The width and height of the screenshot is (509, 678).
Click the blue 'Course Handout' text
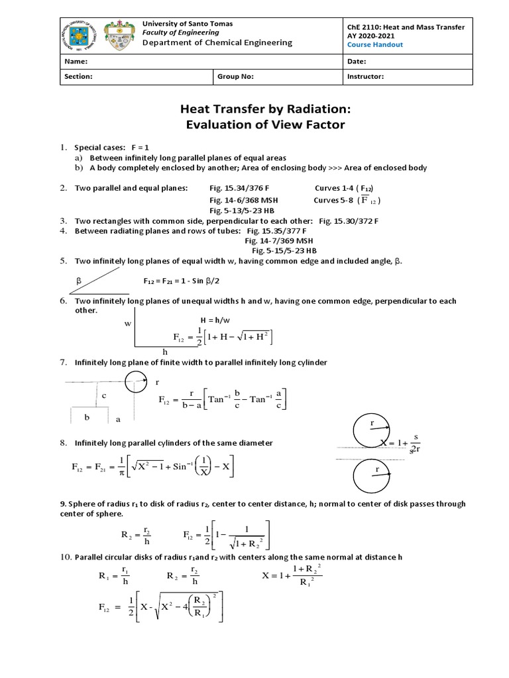tap(374, 45)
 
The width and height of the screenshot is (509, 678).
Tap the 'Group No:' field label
tap(235, 76)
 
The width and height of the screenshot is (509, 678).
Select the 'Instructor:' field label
tap(365, 76)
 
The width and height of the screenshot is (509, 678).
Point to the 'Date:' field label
tap(357, 61)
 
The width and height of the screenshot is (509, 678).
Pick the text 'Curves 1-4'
tap(335, 188)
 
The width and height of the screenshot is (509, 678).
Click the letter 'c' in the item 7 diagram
tap(104, 395)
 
